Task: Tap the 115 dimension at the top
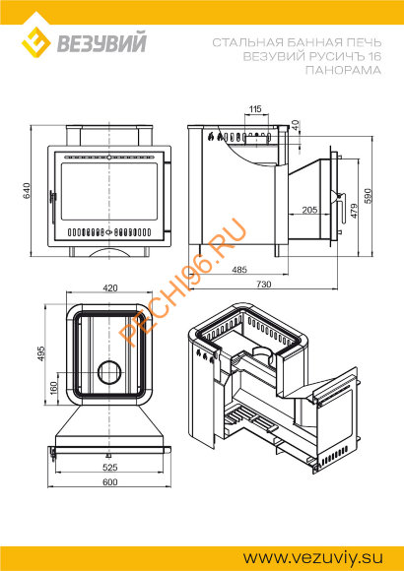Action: [x=255, y=108]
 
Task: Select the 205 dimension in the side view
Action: [x=309, y=210]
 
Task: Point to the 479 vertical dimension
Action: [x=354, y=211]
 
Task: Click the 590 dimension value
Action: [x=367, y=196]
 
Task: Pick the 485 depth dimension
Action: [x=239, y=270]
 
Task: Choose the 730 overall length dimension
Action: [x=264, y=285]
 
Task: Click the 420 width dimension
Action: [x=110, y=288]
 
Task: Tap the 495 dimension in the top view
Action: [x=41, y=353]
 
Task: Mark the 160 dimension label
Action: [x=54, y=389]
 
